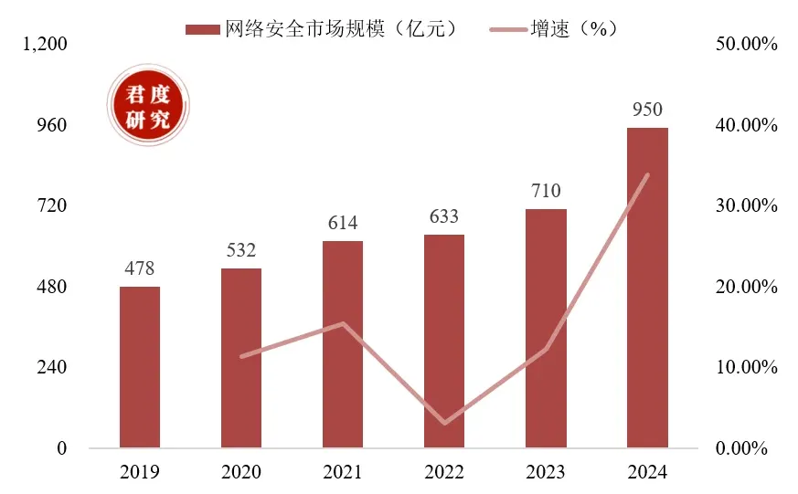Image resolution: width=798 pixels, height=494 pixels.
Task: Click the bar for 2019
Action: (140, 367)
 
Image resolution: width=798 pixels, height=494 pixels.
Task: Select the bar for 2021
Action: (343, 344)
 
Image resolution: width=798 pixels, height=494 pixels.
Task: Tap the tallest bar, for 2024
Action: (647, 288)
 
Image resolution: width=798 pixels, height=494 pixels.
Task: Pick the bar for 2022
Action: (444, 341)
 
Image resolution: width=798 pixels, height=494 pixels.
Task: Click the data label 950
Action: (647, 110)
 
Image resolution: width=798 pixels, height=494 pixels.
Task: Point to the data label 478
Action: (140, 269)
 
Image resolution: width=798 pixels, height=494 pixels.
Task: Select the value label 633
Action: (444, 217)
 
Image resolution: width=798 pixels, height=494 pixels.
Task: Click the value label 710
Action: (546, 192)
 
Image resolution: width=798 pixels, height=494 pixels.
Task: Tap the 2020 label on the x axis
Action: (241, 473)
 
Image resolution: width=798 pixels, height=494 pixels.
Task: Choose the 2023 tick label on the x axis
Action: (546, 473)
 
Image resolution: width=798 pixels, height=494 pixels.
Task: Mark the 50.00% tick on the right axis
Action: (746, 44)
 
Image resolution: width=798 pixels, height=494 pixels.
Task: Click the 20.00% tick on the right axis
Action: (746, 287)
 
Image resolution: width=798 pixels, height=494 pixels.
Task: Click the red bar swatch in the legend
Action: (202, 28)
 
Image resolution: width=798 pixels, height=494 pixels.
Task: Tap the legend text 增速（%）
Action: (575, 28)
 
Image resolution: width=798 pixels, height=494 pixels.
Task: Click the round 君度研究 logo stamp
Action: (147, 106)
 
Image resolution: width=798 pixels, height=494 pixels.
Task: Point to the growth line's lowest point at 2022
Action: (444, 423)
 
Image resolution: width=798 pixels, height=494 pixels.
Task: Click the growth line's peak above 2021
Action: (343, 323)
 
